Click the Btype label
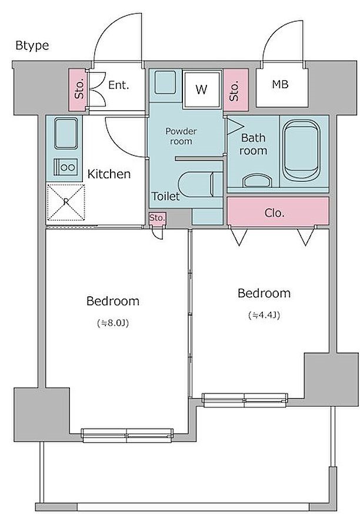[32, 45]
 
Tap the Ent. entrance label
[119, 85]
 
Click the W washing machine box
[201, 89]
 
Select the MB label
[280, 84]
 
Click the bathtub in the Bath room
[301, 150]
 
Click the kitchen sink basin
[66, 134]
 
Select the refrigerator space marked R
[66, 203]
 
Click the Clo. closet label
[275, 213]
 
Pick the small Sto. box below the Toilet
[157, 218]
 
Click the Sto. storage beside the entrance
[79, 89]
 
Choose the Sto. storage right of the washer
[235, 89]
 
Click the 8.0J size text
[113, 323]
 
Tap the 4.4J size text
[264, 316]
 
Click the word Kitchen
[109, 174]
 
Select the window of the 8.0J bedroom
[128, 435]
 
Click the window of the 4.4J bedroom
[245, 400]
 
